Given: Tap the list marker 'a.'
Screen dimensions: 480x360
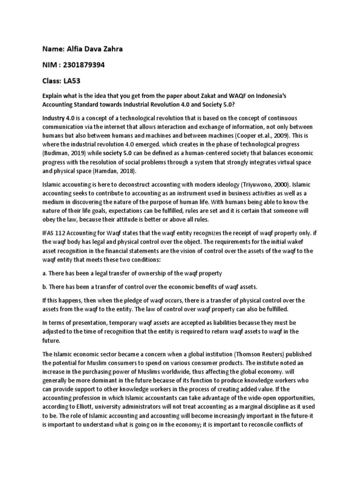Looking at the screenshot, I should tap(45, 273).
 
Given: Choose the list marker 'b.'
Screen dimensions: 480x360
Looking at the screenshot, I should tap(45, 287).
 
